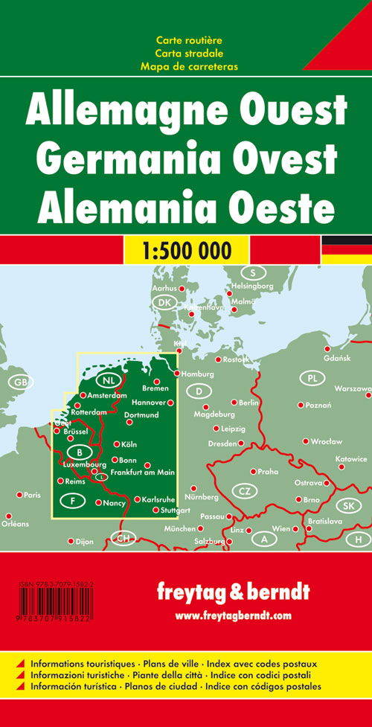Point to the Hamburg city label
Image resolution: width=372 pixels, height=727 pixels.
click(x=197, y=374)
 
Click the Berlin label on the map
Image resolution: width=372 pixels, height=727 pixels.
click(x=248, y=403)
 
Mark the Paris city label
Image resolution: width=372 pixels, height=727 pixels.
click(x=32, y=495)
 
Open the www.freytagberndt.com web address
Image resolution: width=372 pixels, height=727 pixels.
click(x=233, y=615)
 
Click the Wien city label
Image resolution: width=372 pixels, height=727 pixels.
click(x=281, y=528)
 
